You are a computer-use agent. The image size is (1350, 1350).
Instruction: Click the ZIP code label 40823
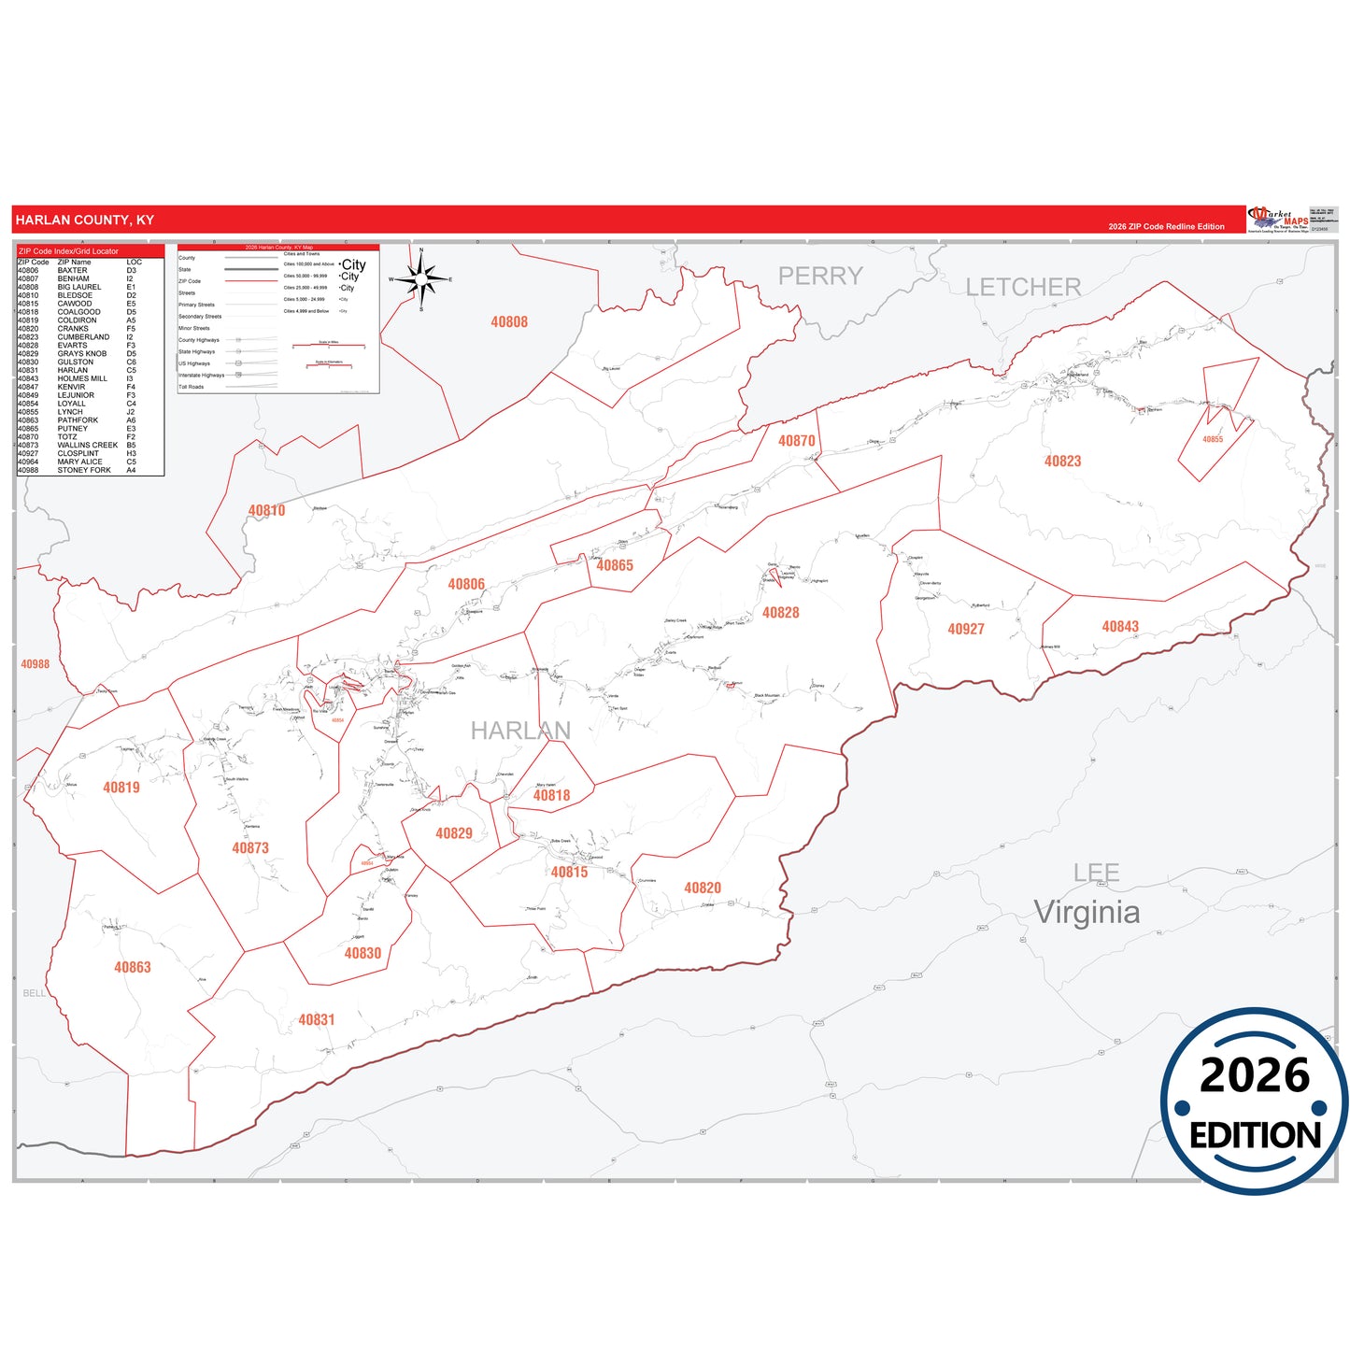1062,461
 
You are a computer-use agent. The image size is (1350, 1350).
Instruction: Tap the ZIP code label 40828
780,613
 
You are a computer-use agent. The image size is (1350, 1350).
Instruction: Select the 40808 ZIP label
509,322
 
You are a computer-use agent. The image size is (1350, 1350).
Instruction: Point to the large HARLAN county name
520,731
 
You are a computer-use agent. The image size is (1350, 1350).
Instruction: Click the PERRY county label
820,277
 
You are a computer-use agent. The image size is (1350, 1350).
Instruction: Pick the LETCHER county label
1023,288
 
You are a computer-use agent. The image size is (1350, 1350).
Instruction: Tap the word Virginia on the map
1087,912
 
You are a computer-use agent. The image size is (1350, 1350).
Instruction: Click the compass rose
421,278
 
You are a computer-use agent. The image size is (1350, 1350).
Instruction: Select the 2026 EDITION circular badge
1254,1101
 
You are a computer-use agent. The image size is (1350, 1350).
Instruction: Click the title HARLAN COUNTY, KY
85,220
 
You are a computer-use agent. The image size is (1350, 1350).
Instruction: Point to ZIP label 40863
132,968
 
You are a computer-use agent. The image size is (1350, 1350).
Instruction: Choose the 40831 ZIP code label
316,1020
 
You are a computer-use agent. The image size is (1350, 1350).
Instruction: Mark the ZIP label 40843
1119,627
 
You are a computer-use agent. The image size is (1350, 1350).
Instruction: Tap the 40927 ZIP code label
965,630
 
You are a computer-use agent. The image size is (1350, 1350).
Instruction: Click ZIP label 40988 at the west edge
35,664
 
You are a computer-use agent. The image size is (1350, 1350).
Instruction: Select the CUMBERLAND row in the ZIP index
82,337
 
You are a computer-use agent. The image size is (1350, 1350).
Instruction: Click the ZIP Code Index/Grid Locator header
69,251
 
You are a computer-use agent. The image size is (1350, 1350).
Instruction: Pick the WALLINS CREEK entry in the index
87,446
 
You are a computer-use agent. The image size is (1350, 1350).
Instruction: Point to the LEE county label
1096,874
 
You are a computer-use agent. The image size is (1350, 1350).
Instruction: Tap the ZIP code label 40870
796,441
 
